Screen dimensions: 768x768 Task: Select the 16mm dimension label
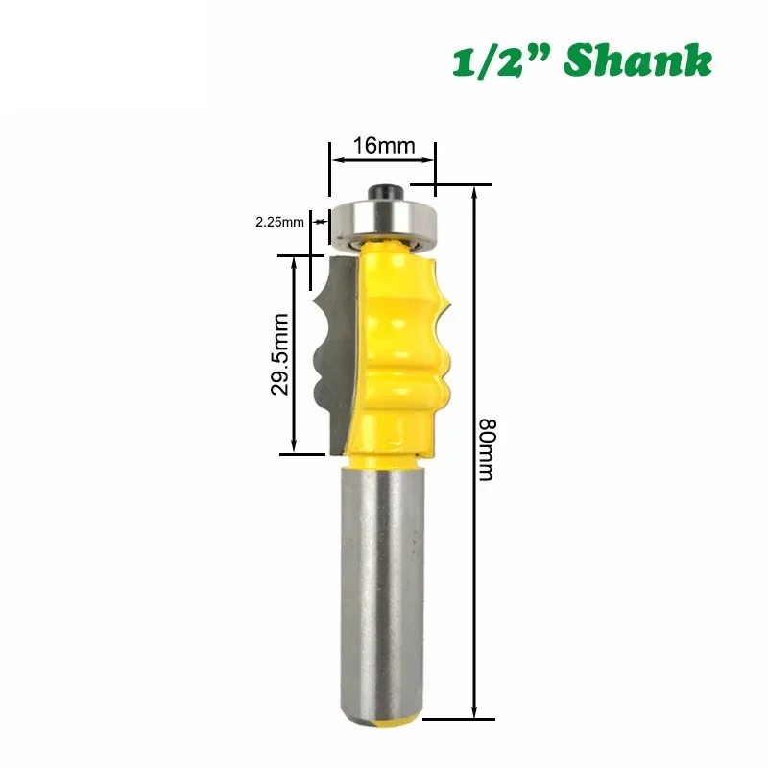coord(383,146)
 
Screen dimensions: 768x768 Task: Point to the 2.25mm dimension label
coord(279,222)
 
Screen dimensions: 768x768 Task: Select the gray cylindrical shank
coord(382,586)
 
